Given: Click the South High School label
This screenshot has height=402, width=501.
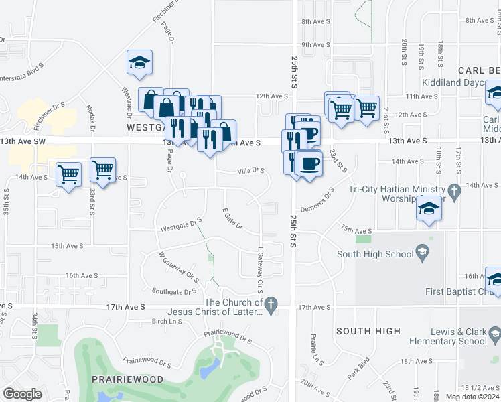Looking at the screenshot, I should pos(375,254).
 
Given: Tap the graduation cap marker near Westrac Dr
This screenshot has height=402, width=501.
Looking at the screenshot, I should pos(140,63).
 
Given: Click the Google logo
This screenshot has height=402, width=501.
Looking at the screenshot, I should pos(23,394).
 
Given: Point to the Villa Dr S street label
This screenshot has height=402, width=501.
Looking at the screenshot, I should pos(250,171).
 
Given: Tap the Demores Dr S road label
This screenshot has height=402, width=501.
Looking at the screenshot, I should pos(318,199).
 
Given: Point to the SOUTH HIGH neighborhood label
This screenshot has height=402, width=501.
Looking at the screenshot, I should pos(368,331).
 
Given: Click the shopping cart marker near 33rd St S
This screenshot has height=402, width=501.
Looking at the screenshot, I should pos(102,170).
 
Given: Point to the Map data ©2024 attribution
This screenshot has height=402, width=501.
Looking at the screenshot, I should pos(473,396).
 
